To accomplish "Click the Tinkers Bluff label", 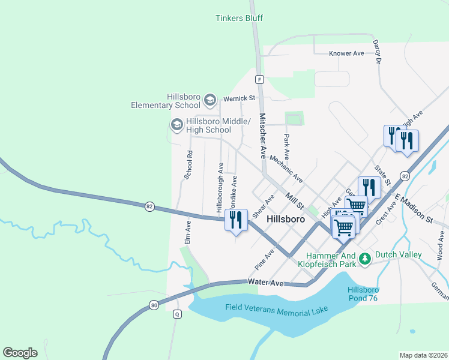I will point(239,18).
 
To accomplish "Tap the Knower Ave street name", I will point(346,53).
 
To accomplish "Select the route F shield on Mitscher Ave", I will point(259,79).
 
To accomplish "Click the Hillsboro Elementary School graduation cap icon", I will point(210,99).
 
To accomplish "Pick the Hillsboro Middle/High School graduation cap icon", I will point(177,124).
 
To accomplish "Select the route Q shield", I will point(177,314).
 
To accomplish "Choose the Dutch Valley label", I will point(398,254).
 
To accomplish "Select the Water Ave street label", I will point(265,282).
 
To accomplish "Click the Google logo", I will point(20,352).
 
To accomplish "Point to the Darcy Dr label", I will point(377,53).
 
